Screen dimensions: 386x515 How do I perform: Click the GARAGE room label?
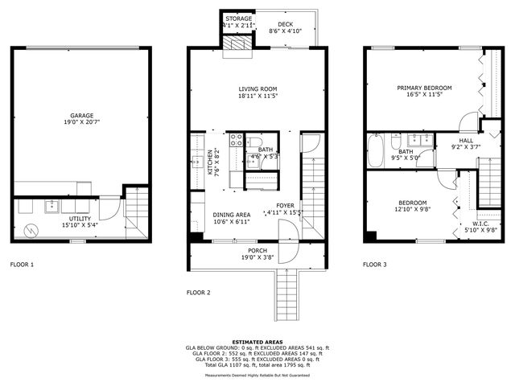tap(81, 115)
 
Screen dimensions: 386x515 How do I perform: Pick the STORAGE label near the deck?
tap(238, 18)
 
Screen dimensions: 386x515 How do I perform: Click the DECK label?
tap(285, 24)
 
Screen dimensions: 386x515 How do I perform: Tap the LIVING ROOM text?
tap(257, 89)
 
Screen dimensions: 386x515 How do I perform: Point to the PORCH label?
tap(257, 251)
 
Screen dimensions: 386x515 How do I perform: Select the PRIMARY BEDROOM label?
tap(424, 88)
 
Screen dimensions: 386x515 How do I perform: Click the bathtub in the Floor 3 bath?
tap(376, 150)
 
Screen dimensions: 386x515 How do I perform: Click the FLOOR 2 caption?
tap(198, 293)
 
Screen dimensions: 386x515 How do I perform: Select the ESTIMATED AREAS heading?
tap(257, 342)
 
